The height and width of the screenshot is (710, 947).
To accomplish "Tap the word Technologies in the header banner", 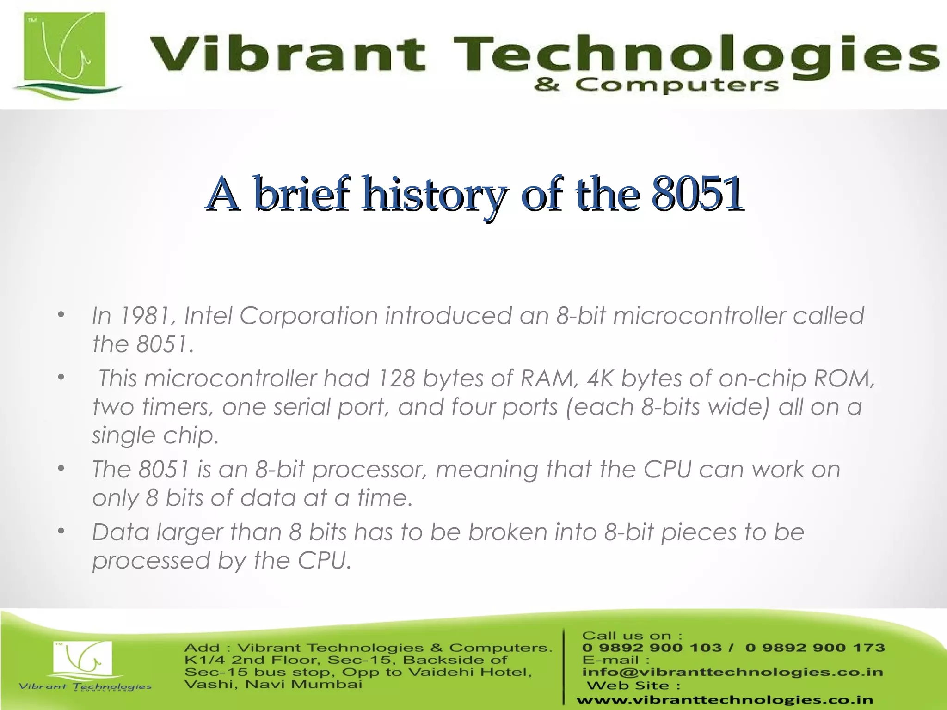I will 694,54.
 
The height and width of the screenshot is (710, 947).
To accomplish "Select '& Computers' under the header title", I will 656,86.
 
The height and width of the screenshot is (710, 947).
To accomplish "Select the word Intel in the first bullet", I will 208,316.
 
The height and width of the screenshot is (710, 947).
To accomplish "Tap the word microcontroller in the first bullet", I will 699,316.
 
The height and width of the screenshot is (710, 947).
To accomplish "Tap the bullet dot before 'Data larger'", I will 61,532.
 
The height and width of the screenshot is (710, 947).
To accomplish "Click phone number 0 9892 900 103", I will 652,648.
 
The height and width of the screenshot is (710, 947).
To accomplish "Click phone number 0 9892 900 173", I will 815,648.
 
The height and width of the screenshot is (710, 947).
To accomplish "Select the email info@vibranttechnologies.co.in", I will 732,672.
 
